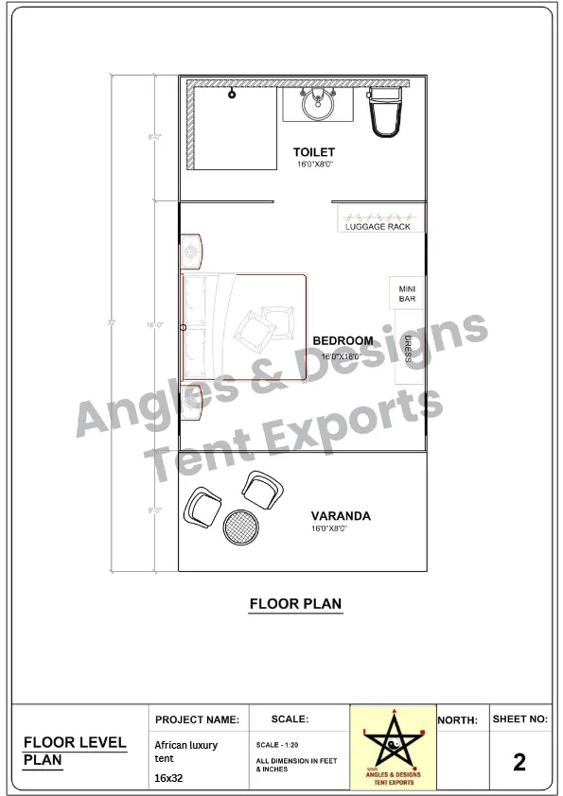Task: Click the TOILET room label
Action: tap(313, 152)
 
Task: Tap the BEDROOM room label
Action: tap(343, 341)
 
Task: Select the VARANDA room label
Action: tap(341, 516)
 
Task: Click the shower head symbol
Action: tap(232, 94)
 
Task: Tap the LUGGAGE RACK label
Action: tap(378, 227)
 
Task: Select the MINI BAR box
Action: tap(407, 293)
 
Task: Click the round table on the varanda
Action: tap(241, 527)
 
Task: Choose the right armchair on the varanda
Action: tap(261, 490)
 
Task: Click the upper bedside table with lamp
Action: tap(191, 251)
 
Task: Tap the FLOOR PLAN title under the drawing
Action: tap(295, 603)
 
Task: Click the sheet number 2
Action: tap(519, 762)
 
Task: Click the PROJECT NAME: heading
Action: tap(198, 720)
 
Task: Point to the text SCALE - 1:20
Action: tap(277, 746)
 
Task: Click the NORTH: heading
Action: tap(458, 720)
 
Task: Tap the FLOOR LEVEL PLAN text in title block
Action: tap(74, 751)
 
